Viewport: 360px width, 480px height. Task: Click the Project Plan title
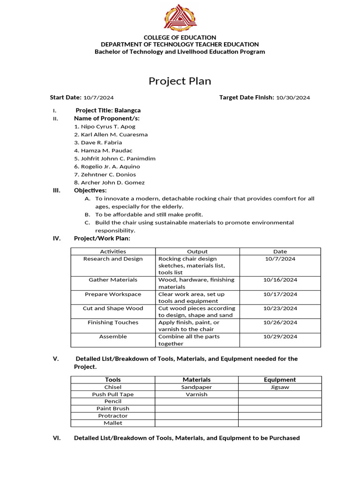180,81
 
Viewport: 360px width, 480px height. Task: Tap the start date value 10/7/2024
98,98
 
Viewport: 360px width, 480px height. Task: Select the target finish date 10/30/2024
293,98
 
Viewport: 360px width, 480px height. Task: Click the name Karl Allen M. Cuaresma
114,135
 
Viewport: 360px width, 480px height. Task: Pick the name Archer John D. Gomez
112,182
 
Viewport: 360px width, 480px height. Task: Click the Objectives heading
90,190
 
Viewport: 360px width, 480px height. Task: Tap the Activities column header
113,252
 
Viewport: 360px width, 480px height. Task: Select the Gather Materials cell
113,280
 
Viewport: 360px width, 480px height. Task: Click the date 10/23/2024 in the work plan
280,308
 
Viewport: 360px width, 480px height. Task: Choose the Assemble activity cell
113,337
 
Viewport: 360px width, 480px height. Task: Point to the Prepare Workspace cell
113,294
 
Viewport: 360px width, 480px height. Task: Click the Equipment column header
280,380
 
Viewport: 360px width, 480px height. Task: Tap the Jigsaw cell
280,387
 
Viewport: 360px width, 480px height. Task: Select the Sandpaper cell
196,387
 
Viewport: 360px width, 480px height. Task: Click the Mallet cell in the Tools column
113,423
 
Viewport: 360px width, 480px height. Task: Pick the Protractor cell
113,416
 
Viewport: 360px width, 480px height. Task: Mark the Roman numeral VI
56,438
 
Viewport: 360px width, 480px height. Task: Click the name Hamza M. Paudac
106,150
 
